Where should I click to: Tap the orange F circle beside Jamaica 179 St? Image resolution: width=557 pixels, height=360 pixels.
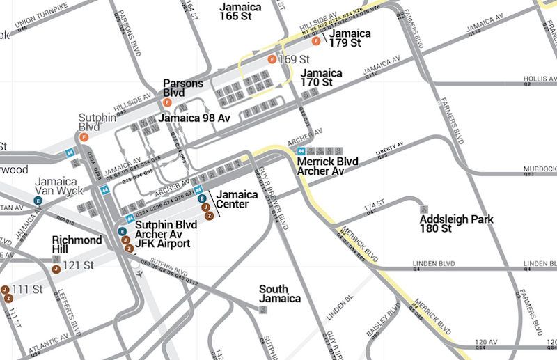(x=316, y=41)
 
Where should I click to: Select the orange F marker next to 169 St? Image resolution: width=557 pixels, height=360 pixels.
(x=272, y=60)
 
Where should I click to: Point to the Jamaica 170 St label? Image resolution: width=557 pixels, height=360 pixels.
(x=321, y=77)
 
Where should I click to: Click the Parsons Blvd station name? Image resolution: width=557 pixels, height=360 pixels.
(x=183, y=88)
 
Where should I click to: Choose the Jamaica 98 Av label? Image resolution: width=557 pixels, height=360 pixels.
(x=194, y=118)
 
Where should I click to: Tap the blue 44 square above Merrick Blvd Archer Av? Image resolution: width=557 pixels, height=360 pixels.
(x=301, y=151)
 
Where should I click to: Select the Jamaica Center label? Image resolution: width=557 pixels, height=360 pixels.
(x=232, y=199)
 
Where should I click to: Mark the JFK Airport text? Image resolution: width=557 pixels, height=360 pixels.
(x=162, y=244)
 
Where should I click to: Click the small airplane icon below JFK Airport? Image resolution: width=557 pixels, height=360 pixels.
(x=141, y=273)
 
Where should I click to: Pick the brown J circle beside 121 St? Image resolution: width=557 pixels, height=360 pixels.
(x=56, y=269)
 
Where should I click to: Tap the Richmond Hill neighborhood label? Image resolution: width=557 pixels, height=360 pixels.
(x=77, y=244)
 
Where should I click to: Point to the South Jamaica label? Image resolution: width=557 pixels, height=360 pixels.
(x=280, y=294)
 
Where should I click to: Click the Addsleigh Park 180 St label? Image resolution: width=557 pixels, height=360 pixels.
(x=456, y=224)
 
